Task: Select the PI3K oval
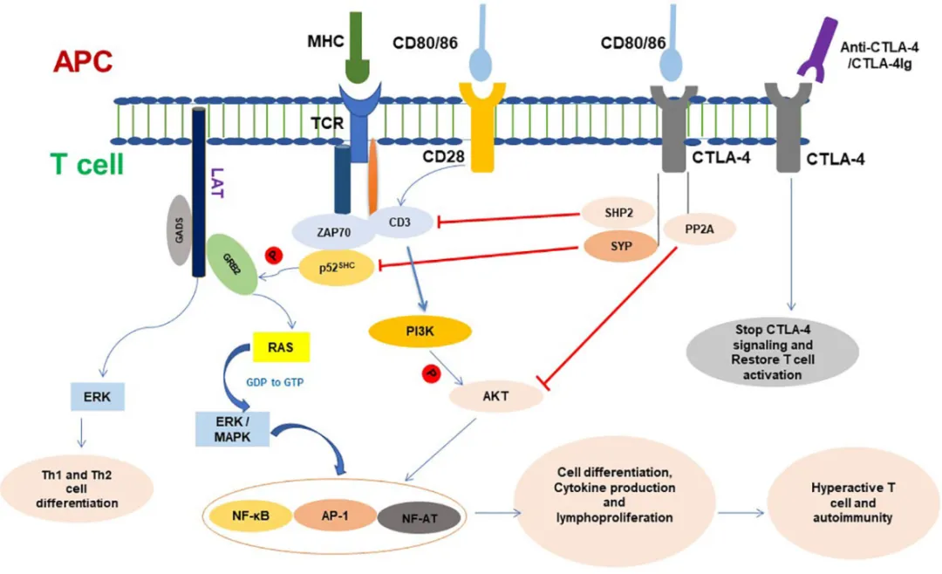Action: coord(420,331)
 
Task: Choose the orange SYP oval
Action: coord(620,245)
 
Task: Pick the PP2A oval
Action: coord(699,229)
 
